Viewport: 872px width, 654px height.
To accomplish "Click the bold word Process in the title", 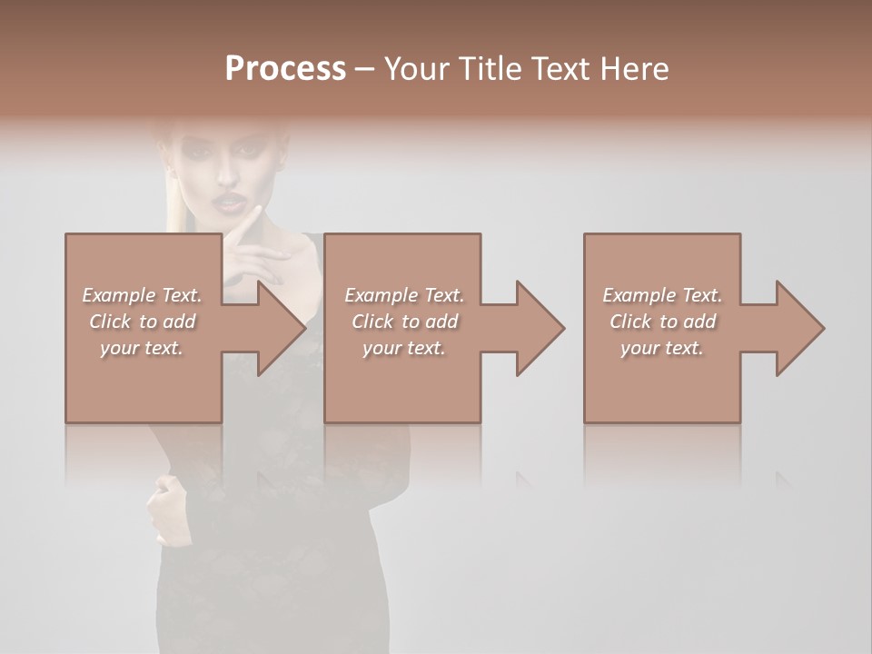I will tap(285, 69).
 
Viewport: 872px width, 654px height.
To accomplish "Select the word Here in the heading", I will tap(635, 69).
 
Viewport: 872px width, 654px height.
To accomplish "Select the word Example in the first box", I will tap(119, 295).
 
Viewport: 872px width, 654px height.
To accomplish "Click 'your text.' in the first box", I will tap(141, 348).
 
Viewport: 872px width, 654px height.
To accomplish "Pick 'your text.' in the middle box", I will tap(403, 348).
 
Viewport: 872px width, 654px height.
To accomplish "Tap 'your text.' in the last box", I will tap(661, 348).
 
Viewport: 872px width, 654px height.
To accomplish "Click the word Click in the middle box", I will tap(372, 322).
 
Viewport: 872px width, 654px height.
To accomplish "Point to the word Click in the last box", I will tap(630, 322).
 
